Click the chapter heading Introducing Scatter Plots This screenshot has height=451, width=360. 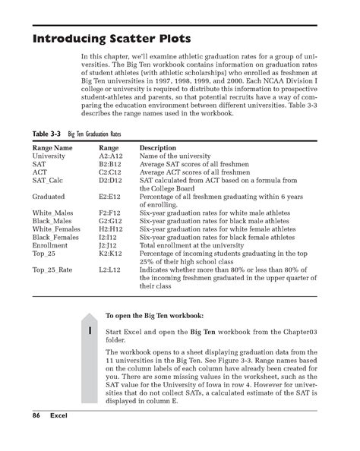pos(111,38)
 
